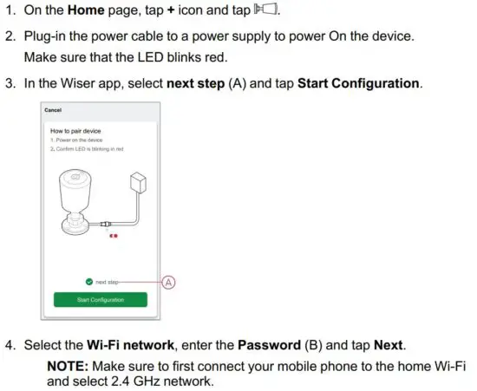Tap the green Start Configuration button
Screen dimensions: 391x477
coord(100,300)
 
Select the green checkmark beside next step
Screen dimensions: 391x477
coord(88,282)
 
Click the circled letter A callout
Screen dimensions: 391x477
coord(169,282)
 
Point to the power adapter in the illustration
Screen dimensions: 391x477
coord(135,183)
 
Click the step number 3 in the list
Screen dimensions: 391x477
coord(10,84)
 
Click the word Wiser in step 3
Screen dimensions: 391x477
coord(79,84)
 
